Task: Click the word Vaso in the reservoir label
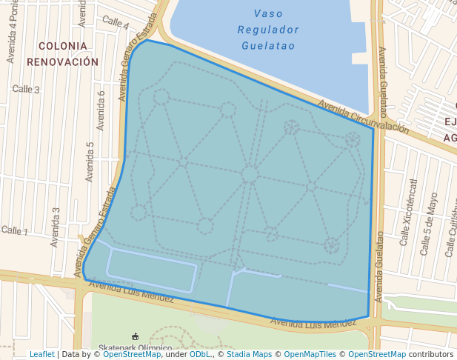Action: (x=268, y=13)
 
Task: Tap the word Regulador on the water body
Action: (x=268, y=30)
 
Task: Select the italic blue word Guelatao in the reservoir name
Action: (x=268, y=46)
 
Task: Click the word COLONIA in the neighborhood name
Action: (x=63, y=46)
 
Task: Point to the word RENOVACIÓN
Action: (x=63, y=62)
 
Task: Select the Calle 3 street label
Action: (x=26, y=90)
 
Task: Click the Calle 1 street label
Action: (x=14, y=231)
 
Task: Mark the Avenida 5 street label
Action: (x=90, y=161)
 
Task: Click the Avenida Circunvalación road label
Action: (x=363, y=117)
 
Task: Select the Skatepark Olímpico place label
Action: (x=136, y=347)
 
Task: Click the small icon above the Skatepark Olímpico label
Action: (x=134, y=336)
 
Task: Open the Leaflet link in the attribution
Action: (x=42, y=355)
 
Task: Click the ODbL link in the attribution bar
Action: (x=200, y=355)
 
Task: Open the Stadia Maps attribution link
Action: (x=250, y=355)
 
